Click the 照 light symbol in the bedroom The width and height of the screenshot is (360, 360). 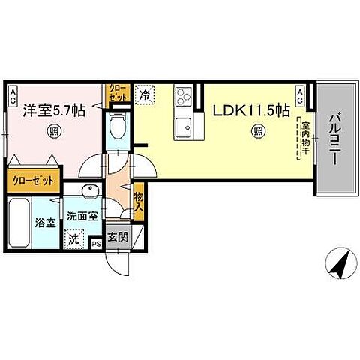coord(53,129)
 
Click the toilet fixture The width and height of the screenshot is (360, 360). coord(117,128)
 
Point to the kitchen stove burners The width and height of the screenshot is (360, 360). coord(184,97)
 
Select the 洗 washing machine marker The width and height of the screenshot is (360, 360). coord(73,240)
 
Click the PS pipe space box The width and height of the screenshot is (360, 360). coord(96,243)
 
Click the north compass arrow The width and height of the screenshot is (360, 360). coord(338,264)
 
